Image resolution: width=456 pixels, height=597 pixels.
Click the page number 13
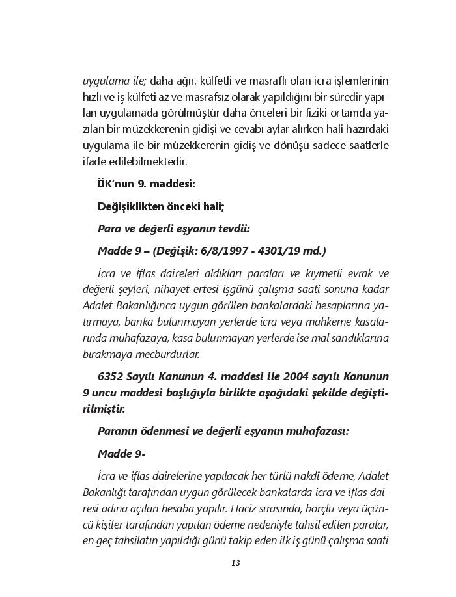click(x=236, y=562)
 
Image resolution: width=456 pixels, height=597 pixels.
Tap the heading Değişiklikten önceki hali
click(x=161, y=206)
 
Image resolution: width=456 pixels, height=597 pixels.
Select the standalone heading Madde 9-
click(x=121, y=453)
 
